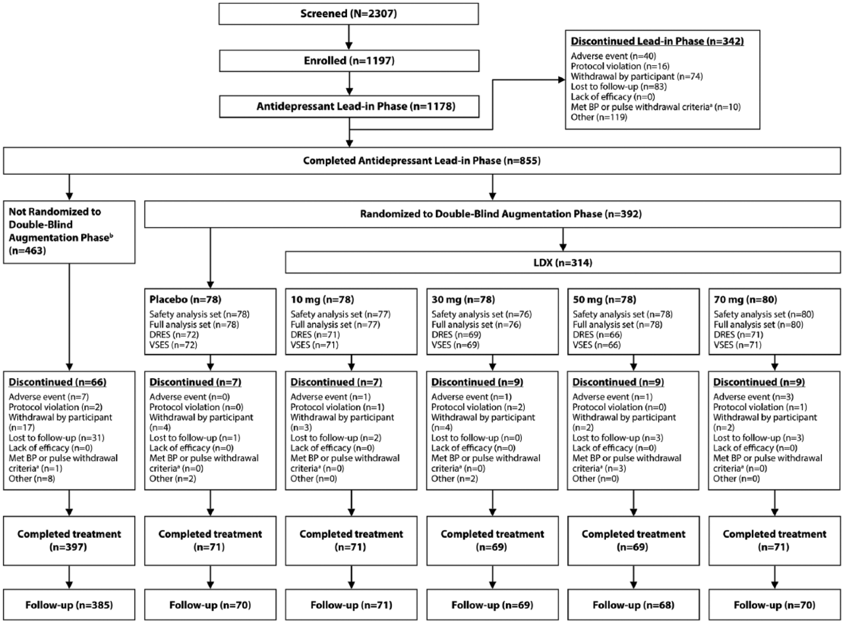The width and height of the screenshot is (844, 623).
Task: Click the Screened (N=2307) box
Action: (348, 14)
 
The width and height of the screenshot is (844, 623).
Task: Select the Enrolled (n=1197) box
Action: (349, 61)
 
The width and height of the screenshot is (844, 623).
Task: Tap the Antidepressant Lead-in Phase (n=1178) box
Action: (349, 106)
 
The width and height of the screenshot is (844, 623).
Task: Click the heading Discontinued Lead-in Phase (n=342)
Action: (657, 41)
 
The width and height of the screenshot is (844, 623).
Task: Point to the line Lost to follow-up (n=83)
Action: (618, 86)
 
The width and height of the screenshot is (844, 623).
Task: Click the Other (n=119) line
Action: (599, 117)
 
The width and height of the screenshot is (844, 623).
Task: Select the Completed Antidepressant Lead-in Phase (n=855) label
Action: (422, 161)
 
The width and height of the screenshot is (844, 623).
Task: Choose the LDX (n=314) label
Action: (563, 263)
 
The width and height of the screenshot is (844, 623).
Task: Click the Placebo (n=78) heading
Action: (185, 299)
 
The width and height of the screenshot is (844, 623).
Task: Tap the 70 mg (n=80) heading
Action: (745, 299)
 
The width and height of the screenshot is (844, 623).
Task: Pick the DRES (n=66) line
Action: (597, 335)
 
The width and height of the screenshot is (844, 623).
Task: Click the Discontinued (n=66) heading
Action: (58, 382)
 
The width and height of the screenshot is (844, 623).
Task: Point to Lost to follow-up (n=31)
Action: (56, 438)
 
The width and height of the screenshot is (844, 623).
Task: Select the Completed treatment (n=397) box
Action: (69, 541)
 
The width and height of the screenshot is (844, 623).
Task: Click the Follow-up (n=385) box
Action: (69, 605)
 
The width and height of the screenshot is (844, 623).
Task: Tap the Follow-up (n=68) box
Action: (633, 605)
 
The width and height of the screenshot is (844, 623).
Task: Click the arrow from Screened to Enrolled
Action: (349, 37)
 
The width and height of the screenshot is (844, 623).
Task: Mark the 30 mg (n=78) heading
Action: (463, 299)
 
